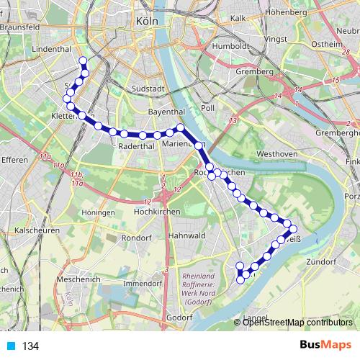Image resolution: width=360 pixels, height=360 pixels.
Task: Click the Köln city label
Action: point(147,22)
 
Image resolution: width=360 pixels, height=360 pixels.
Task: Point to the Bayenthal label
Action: point(166,113)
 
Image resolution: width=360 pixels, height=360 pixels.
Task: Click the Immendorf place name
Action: point(140,284)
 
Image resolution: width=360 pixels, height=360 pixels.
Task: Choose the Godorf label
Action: point(179,316)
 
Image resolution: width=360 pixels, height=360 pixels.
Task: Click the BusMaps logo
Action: point(325,345)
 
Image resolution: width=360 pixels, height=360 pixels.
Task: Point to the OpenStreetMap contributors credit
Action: point(297,323)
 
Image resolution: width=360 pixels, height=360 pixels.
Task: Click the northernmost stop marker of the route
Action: point(83,61)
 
